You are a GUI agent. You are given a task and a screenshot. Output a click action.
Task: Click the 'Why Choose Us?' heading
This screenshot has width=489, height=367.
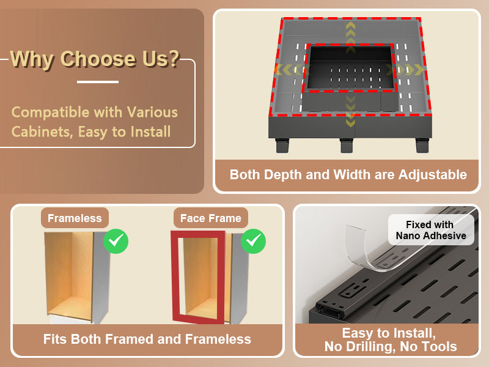point(95,59)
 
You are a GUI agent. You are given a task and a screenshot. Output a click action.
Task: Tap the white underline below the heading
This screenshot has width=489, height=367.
point(98,82)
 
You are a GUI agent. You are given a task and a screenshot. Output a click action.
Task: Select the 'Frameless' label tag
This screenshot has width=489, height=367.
point(75,218)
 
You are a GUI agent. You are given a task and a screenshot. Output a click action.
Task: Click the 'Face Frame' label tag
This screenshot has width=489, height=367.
point(211,218)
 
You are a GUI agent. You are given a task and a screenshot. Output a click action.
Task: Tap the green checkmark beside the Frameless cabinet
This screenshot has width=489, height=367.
point(116,241)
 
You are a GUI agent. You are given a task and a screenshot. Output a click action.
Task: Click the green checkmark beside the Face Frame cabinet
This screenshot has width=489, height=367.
point(253,241)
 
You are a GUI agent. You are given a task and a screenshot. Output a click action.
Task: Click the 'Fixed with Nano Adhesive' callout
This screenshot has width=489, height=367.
point(431,230)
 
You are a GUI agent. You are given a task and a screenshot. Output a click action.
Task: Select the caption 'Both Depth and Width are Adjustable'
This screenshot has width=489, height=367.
point(348,174)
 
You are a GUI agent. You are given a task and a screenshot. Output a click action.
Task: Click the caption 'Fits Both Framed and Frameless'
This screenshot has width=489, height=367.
point(147,339)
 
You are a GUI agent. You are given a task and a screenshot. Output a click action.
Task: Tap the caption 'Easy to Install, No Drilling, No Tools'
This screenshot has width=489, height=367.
point(391,340)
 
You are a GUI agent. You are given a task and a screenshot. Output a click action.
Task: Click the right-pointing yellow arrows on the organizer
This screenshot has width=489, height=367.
point(405,70)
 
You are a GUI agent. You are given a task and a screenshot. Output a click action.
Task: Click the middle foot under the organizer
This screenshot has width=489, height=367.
point(347,146)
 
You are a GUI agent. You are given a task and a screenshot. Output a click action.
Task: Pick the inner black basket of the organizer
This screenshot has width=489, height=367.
point(350,69)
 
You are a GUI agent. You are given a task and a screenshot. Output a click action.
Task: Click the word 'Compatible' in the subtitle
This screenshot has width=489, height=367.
point(50,113)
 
